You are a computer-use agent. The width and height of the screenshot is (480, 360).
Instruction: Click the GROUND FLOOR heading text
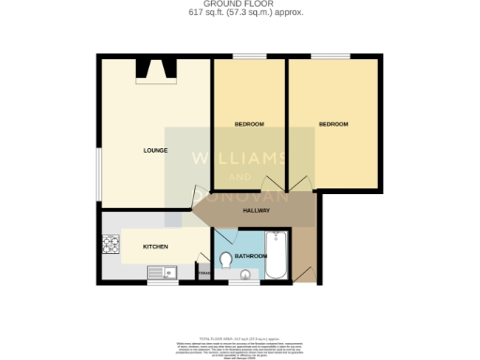(240, 5)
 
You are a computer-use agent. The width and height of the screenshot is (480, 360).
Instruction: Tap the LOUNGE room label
(155, 150)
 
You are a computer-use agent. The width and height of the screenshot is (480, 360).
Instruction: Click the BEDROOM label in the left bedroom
(248, 125)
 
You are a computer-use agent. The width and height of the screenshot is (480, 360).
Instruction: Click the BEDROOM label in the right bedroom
(333, 125)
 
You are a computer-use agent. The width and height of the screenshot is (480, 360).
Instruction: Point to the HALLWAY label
(256, 210)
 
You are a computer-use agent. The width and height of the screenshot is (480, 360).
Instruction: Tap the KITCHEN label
(155, 247)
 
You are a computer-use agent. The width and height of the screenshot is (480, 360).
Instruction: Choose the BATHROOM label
(251, 255)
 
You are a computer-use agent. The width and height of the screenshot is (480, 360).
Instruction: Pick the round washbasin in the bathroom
(246, 275)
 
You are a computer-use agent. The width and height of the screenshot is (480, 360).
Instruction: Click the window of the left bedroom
(248, 56)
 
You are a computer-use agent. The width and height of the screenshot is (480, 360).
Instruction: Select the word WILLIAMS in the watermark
(240, 157)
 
